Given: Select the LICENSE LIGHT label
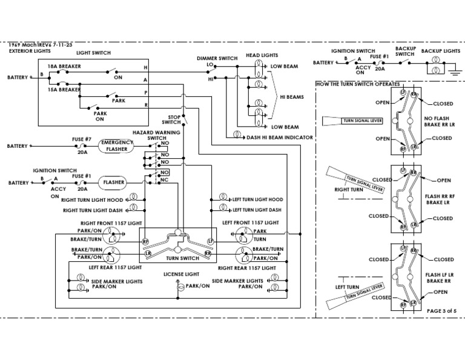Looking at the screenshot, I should [179, 274].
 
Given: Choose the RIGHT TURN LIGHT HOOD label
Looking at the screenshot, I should [93, 199].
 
